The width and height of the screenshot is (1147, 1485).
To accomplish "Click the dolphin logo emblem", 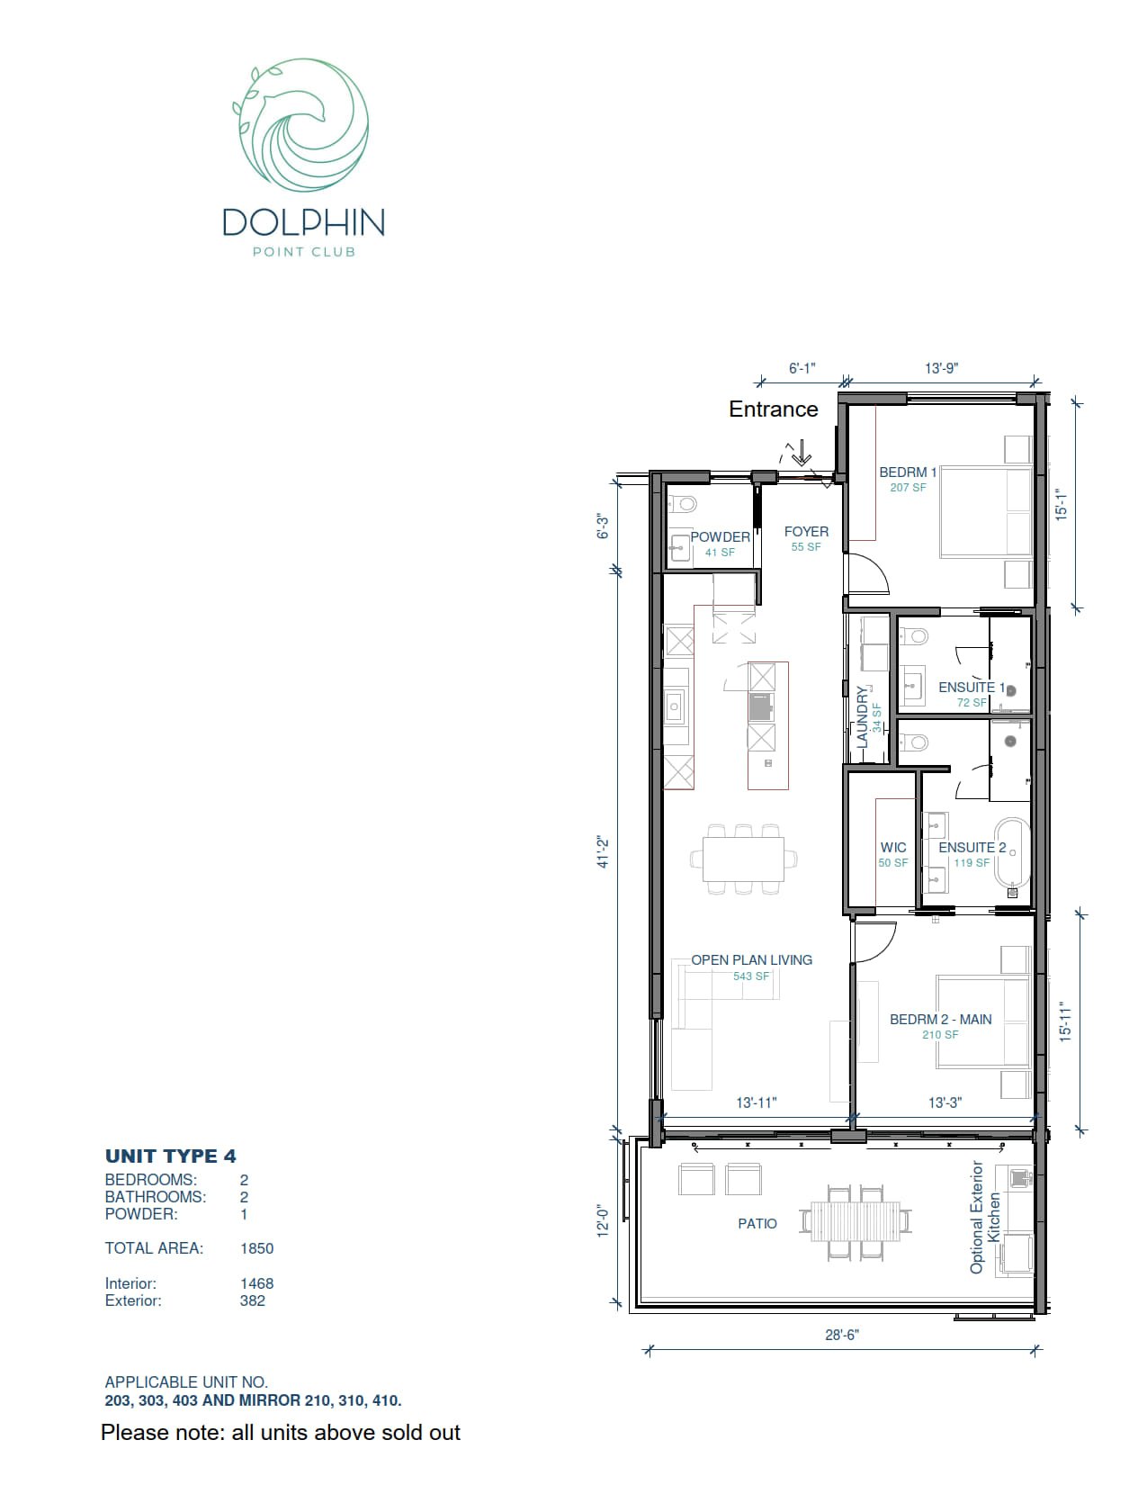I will coord(301,125).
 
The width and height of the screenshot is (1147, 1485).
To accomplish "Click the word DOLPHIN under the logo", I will coord(303,222).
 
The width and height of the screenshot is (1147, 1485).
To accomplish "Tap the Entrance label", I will coord(773,409).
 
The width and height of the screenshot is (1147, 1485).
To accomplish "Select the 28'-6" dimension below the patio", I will coord(842,1335).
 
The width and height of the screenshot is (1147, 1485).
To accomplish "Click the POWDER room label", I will coord(720,537).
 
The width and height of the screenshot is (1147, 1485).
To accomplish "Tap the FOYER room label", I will coord(806,532).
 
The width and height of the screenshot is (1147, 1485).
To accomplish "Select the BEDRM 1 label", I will coord(908,472).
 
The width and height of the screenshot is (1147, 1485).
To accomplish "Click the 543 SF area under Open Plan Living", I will coord(751,976).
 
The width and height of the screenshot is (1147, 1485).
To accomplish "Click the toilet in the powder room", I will coord(686,503).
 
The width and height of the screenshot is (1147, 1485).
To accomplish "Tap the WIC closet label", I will coord(893,848).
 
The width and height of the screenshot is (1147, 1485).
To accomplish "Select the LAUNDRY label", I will coord(862,717).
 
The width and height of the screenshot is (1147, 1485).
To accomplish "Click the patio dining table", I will coord(855,1221).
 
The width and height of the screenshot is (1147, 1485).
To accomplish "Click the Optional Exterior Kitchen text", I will coord(985,1218).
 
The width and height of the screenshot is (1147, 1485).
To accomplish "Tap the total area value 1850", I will coord(256,1248).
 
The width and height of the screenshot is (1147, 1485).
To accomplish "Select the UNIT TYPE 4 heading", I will coord(171,1156).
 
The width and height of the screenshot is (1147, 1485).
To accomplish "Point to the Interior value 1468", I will coord(256,1283).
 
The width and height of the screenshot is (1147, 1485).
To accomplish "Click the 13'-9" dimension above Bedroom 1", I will coord(941,368).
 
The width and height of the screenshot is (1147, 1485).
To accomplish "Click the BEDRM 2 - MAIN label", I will coord(940,1020).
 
